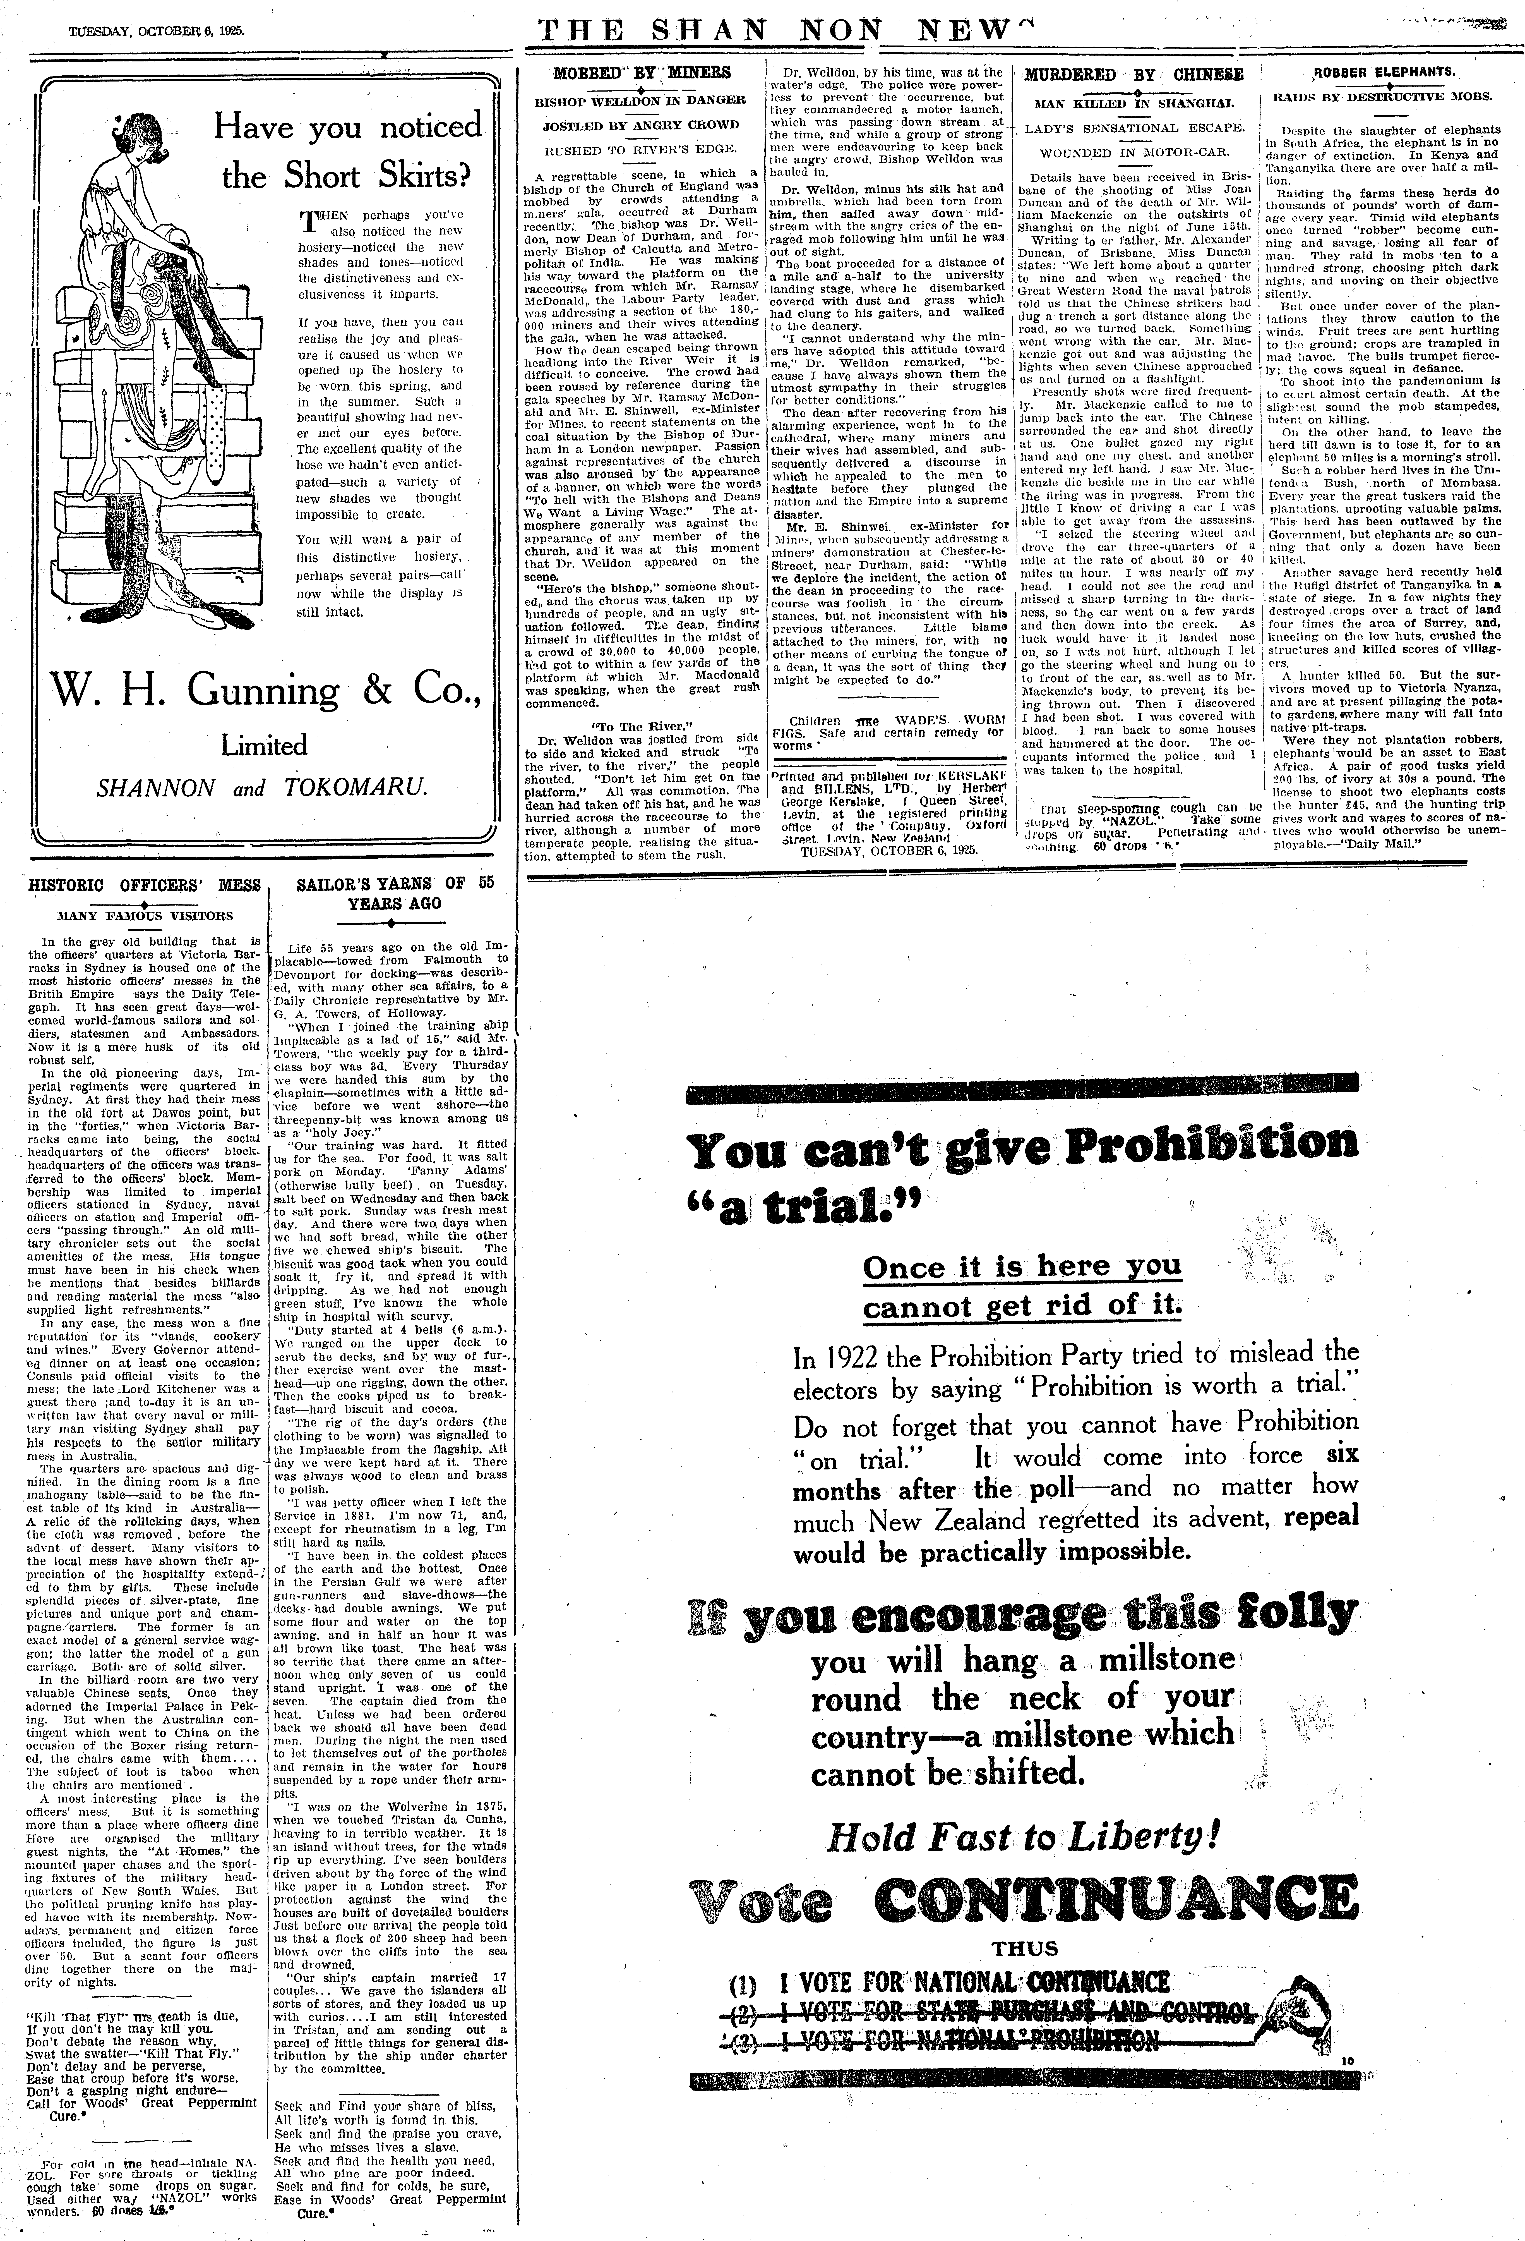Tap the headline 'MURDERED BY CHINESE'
click(1133, 74)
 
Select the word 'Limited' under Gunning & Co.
click(263, 745)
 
